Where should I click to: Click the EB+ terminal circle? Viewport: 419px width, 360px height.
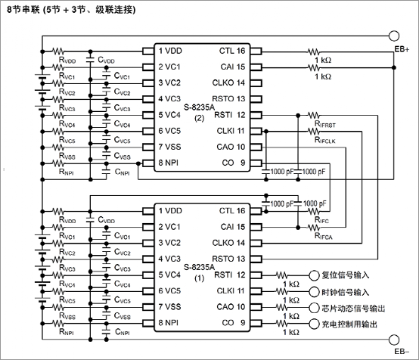pos(394,36)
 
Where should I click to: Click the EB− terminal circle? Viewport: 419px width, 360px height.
pos(394,340)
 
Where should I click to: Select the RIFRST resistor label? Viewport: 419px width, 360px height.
pos(325,124)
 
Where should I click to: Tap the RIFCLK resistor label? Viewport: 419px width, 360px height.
pos(325,140)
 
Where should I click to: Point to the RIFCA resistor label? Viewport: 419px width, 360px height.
pos(324,236)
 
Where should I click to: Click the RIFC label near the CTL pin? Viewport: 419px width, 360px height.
pos(321,220)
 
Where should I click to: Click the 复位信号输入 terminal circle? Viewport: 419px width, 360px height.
pos(314,275)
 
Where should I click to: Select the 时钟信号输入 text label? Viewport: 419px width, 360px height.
pos(345,292)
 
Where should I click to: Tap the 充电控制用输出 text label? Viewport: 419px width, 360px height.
pos(349,324)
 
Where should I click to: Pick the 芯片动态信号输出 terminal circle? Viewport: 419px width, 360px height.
pos(314,308)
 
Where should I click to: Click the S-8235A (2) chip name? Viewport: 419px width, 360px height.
pos(200,112)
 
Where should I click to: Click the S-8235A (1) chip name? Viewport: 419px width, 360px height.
pos(200,272)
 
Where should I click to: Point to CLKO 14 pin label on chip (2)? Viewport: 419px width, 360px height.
pos(228,83)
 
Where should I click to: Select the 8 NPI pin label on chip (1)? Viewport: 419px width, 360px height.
pos(169,323)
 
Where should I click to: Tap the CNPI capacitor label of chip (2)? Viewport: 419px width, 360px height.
pos(122,172)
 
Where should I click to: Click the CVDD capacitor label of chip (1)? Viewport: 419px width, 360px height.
pos(107,220)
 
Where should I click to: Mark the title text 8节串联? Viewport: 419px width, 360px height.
pos(23,10)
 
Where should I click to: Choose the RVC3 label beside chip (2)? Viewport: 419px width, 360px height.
pos(67,108)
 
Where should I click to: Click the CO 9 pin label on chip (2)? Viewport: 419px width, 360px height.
pos(234,163)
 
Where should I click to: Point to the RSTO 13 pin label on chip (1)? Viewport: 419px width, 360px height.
pos(228,259)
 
